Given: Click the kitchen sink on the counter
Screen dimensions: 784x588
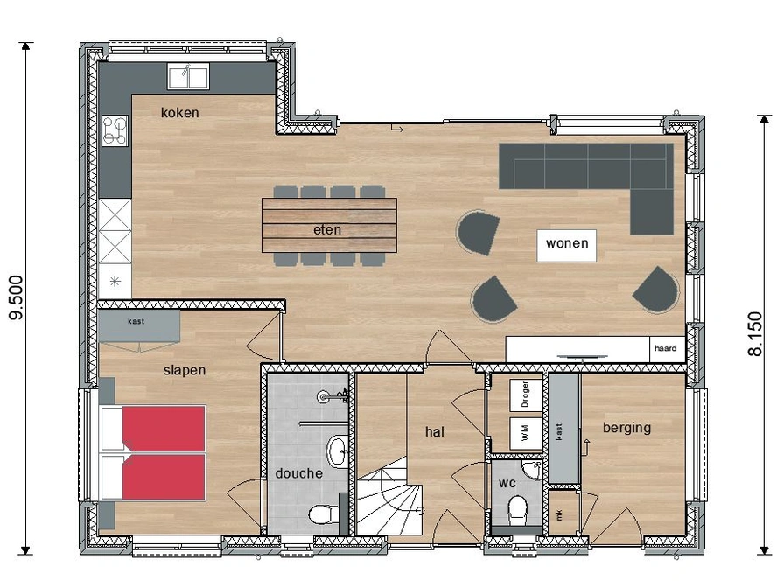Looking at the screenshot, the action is (x=188, y=76).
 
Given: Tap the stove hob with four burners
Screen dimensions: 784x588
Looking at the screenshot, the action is (x=115, y=130).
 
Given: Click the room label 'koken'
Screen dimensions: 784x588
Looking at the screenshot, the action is (x=180, y=113).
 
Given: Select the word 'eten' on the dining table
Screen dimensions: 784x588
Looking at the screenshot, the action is (x=327, y=229).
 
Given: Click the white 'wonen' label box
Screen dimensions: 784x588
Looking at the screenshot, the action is (x=566, y=245).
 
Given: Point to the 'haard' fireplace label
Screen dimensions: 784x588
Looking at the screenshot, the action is (x=666, y=348).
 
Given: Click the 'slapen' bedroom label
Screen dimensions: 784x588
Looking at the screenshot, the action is (x=185, y=370).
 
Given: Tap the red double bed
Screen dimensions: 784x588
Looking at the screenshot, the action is (x=153, y=453).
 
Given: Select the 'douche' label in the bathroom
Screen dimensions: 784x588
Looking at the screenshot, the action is (x=299, y=473).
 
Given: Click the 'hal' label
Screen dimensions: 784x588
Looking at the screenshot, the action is (x=435, y=431).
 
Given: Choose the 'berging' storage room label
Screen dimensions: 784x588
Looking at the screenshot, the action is (x=627, y=428).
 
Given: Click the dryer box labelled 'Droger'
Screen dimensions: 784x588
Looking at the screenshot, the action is (x=525, y=395).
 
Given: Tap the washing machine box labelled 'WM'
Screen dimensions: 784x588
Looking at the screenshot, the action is (x=525, y=433).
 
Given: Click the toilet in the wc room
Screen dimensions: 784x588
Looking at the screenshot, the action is (x=517, y=510).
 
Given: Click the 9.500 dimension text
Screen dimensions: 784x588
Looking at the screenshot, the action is (x=17, y=297).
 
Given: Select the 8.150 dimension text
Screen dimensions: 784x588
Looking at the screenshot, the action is (x=755, y=334).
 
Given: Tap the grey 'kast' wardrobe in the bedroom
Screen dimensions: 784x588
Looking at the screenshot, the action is (x=139, y=326).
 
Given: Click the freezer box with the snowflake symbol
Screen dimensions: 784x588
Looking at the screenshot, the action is (x=115, y=282).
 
